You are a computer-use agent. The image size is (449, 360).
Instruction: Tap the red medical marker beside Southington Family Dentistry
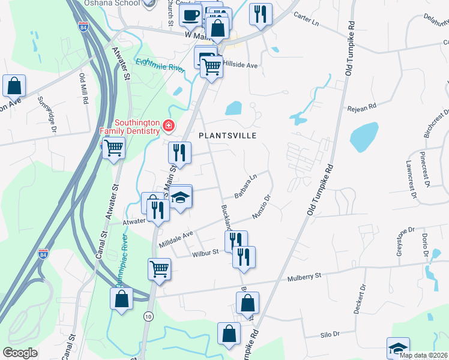click(x=169, y=126)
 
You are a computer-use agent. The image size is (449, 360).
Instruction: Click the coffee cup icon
click(x=191, y=16)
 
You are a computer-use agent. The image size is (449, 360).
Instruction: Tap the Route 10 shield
click(x=147, y=314)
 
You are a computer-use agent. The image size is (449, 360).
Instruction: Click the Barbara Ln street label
click(x=246, y=187)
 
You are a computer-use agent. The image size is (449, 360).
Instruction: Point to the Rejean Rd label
click(x=361, y=108)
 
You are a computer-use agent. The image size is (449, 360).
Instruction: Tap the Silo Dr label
click(x=330, y=334)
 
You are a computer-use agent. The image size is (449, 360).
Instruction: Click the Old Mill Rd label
click(x=84, y=90)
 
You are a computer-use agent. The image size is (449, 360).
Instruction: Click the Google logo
click(x=20, y=353)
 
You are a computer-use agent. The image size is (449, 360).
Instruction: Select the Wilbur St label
click(x=205, y=254)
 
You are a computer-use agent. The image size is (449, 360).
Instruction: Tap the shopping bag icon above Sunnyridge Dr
click(x=14, y=86)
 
